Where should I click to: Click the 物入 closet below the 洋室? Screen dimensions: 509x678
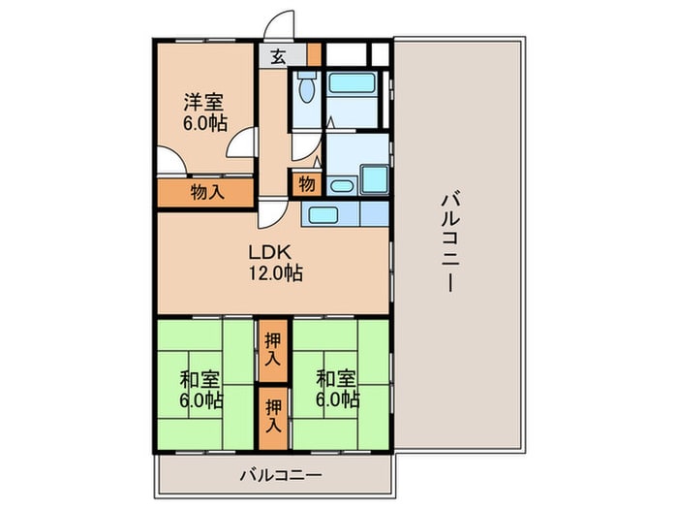pos(206,192)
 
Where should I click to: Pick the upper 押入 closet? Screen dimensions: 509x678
pos(273,350)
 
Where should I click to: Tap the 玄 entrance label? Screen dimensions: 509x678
pos(278,56)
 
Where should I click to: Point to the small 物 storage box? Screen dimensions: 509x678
pos(306,183)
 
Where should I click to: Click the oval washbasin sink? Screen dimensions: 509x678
pos(340,186)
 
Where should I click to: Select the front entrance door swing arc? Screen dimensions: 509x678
pos(280,26)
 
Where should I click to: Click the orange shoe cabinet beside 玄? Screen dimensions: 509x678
pos(313,53)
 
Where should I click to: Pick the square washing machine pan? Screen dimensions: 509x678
pos(373,179)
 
